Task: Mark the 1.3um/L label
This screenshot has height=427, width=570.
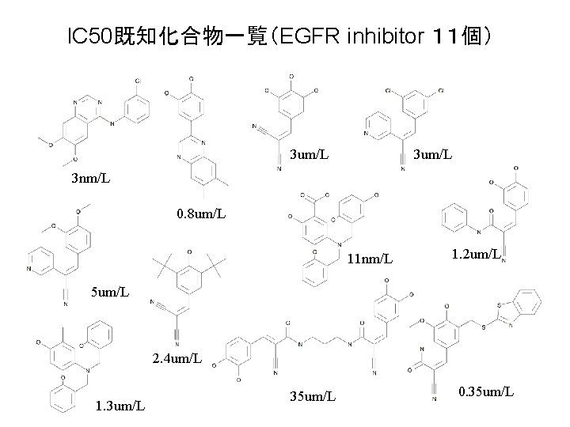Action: point(119,406)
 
